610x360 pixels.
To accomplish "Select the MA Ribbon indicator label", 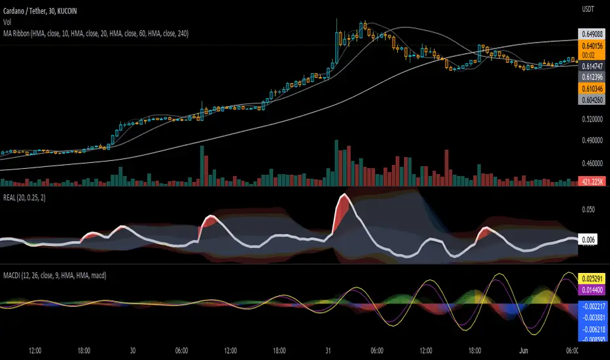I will pyautogui.click(x=96, y=32).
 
